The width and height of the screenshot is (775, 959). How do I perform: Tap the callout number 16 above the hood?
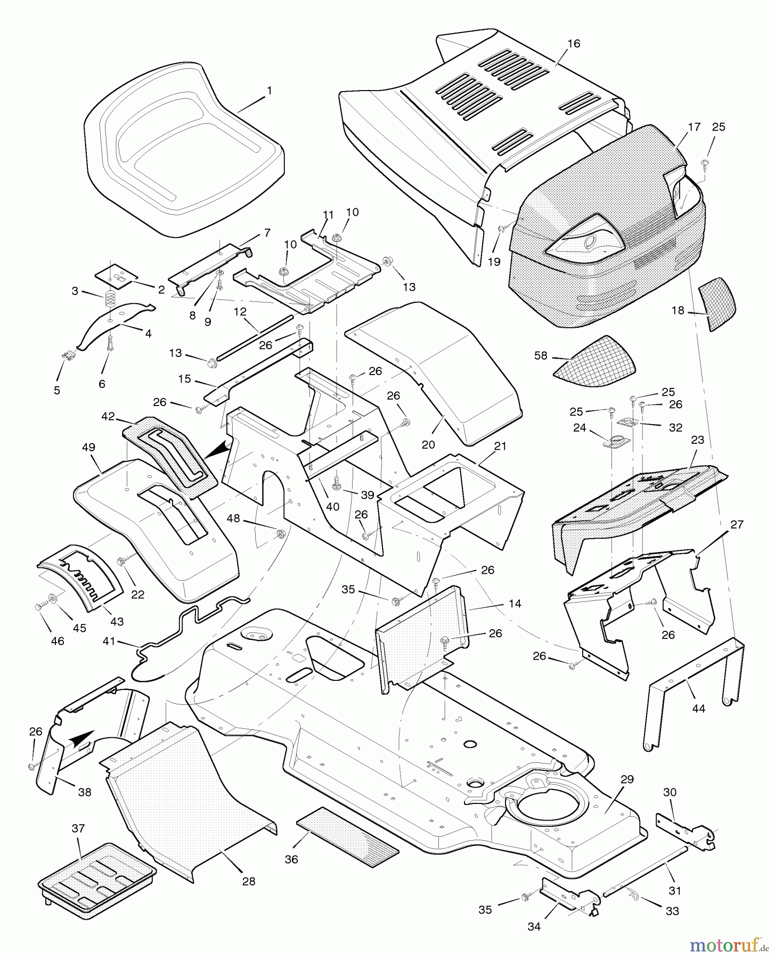[573, 44]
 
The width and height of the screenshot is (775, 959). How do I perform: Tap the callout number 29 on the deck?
[627, 779]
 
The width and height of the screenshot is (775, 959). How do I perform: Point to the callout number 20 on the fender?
[428, 444]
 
